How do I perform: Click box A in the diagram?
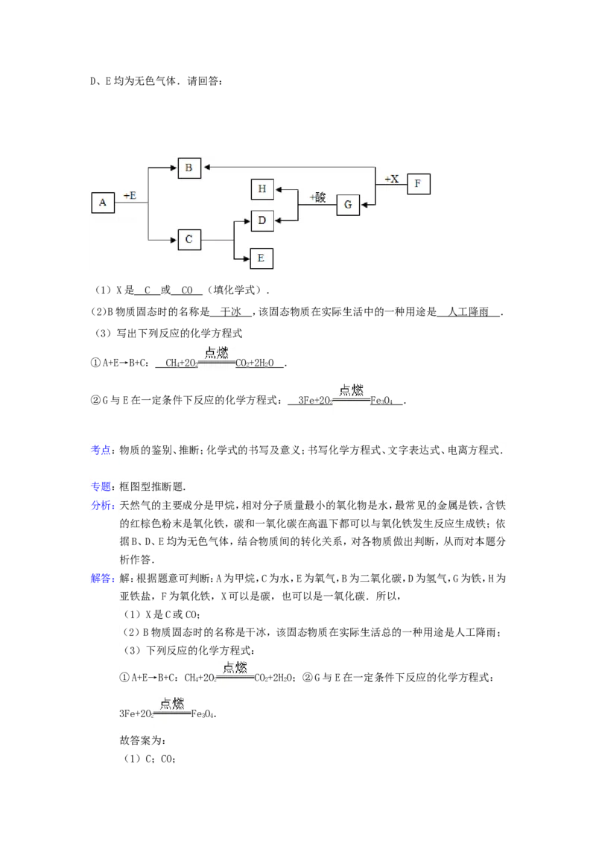coord(103,203)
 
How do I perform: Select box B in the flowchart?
coord(188,168)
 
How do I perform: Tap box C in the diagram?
coord(188,239)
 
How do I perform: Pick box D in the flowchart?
coord(262,220)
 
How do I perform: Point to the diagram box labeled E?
coord(261,258)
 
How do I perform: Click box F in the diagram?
coord(419,184)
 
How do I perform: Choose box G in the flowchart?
coord(348,205)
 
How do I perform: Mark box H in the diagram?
coord(262,189)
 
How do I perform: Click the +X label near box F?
coord(392,179)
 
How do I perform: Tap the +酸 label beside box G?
coord(317,197)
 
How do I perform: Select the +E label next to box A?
coord(130,196)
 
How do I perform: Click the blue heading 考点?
coord(100,450)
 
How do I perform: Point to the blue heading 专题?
coord(100,486)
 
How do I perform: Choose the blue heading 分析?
coord(101,506)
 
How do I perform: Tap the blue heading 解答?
coord(101,579)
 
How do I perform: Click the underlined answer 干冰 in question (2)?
coord(231,312)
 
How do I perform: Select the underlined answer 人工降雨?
coord(469,312)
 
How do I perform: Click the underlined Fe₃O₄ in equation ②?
coord(381,401)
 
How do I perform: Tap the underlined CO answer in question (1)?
coord(187,290)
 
